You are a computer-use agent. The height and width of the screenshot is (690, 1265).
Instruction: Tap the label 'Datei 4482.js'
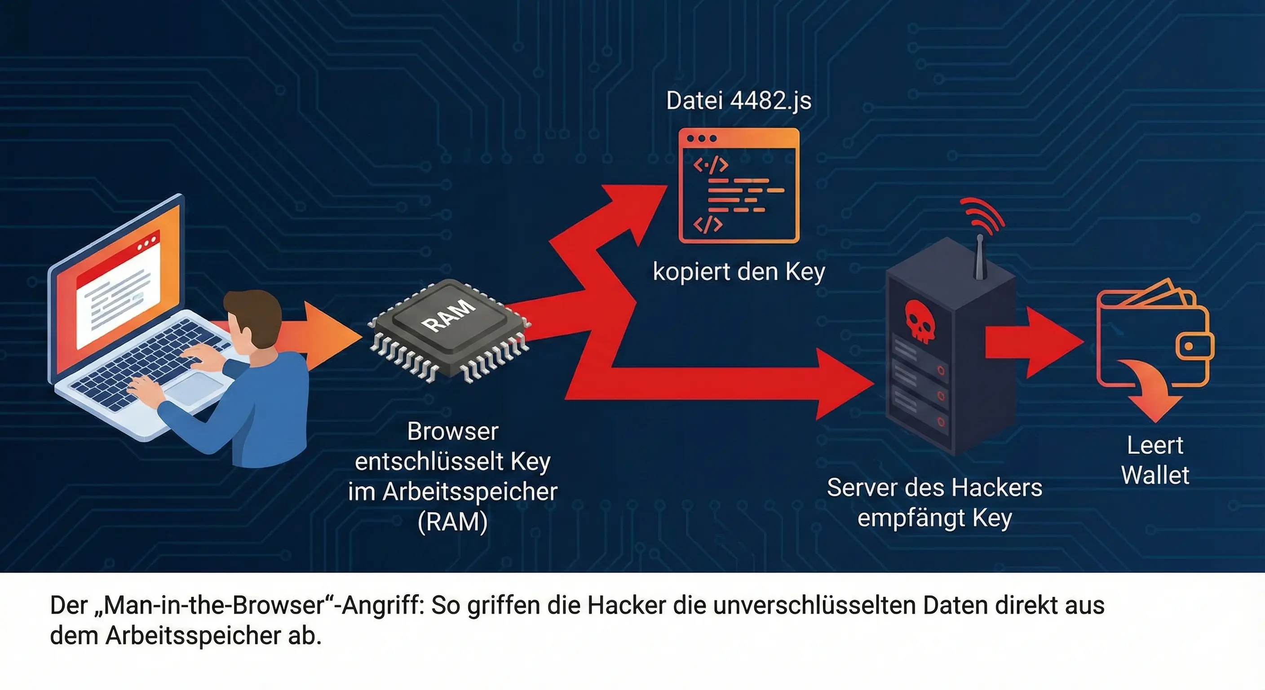739,101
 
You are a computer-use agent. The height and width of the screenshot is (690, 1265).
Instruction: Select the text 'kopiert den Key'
739,272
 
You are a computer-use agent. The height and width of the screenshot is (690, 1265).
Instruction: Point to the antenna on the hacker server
980,258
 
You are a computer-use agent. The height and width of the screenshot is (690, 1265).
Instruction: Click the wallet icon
1154,339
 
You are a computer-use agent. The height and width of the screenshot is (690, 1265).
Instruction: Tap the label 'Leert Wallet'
1155,460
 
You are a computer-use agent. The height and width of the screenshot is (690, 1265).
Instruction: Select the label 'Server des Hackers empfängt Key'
934,502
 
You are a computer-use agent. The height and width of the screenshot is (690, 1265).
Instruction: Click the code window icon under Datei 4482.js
739,186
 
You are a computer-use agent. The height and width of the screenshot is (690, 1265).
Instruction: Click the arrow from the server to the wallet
1031,342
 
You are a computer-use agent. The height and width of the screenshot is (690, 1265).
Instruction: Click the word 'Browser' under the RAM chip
452,432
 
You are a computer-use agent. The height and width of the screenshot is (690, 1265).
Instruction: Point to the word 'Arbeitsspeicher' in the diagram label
469,491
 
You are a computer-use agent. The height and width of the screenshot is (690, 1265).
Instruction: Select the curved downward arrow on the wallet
1151,388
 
